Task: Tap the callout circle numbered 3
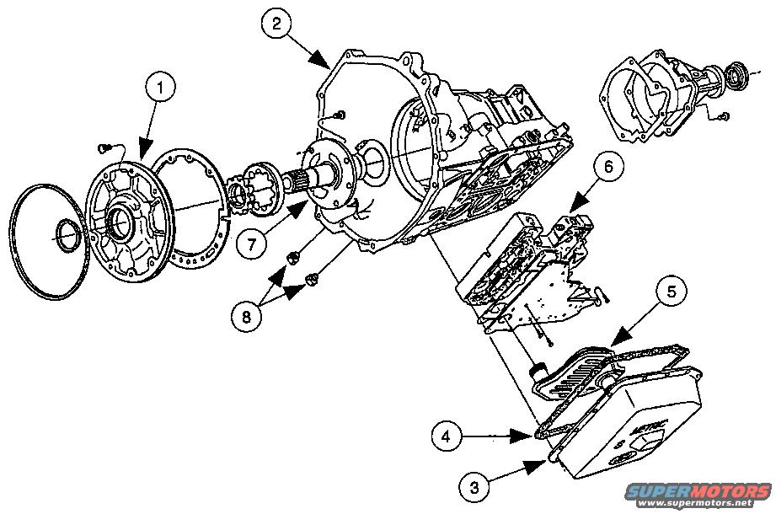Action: [x=474, y=485]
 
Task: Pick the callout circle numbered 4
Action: [x=447, y=436]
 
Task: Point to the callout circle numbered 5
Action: [x=672, y=291]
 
